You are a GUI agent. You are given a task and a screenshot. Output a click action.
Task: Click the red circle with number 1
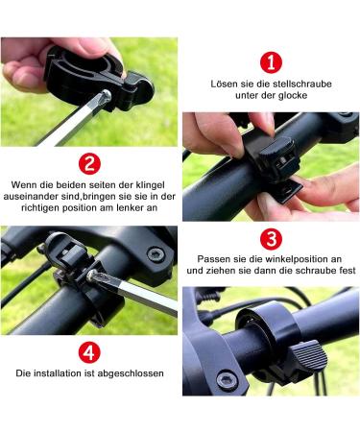point(272,63)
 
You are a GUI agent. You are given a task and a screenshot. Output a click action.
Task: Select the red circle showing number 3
point(272,238)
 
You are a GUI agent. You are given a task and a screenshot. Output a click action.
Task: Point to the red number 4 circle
point(88,351)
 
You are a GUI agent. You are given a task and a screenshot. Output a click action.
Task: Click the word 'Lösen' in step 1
point(225,84)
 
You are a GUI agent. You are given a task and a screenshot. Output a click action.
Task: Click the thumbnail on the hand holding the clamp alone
point(21,68)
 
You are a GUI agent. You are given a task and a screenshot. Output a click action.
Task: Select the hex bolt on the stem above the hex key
point(155,254)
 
